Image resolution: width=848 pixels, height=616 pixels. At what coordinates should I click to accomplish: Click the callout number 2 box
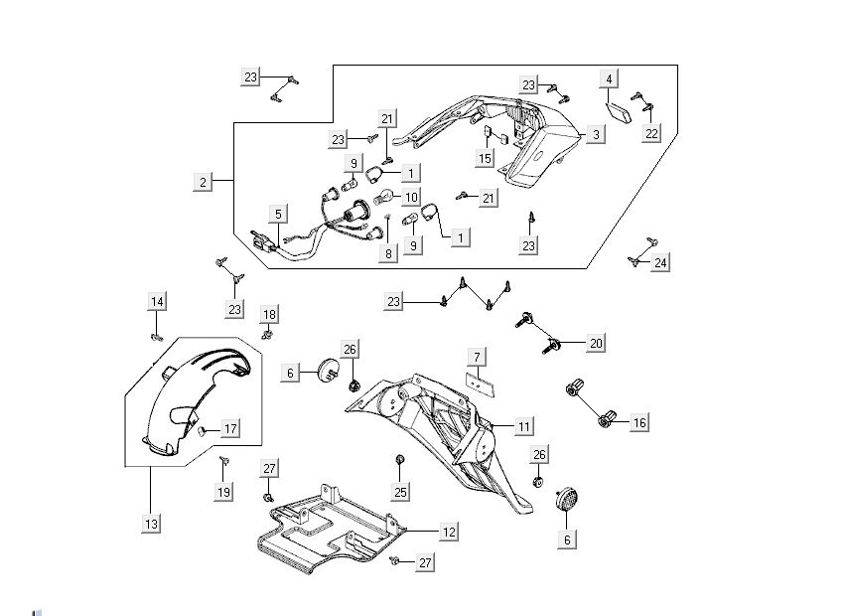coord(204,182)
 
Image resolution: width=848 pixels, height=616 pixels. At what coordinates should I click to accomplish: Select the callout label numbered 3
coord(595,134)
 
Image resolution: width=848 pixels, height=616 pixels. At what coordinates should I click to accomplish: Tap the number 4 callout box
coord(609,77)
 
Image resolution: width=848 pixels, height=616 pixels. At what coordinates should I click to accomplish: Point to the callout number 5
coord(279,214)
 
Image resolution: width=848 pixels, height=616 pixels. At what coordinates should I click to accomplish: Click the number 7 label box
coord(477,356)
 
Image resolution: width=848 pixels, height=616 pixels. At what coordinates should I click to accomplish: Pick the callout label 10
coord(410,197)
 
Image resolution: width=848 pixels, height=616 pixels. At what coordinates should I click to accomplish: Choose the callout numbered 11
coord(524,426)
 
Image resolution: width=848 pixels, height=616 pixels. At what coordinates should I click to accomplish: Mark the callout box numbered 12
coord(449,533)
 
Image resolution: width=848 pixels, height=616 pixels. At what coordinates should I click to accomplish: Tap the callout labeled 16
coord(638,423)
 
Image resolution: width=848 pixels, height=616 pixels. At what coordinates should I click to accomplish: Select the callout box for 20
coord(596,343)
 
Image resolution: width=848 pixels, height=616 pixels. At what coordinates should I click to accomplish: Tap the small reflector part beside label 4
coord(621,108)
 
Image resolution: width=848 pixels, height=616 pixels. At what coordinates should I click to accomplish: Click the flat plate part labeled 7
coord(481,379)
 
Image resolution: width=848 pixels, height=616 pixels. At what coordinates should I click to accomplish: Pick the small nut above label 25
coord(399,460)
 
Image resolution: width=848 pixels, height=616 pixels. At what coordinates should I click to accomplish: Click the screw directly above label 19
coord(223,459)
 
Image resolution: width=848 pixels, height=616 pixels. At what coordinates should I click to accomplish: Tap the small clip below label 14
coord(156,336)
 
